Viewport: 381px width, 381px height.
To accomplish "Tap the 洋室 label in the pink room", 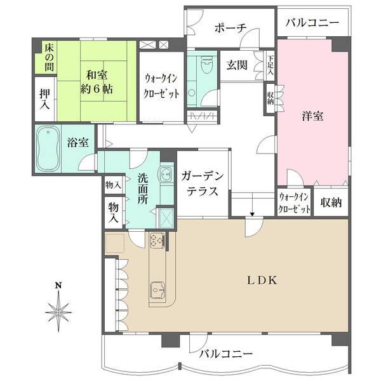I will (312, 116).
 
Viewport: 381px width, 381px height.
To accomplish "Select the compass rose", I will (58, 312).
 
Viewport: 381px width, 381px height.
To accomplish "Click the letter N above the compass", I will (58, 285).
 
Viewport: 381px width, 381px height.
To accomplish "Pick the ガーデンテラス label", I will (201, 183).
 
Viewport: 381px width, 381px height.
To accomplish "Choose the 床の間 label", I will (48, 57).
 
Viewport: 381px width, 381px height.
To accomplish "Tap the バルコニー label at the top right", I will (312, 23).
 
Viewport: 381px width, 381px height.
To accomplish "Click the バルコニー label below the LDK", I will (225, 353).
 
